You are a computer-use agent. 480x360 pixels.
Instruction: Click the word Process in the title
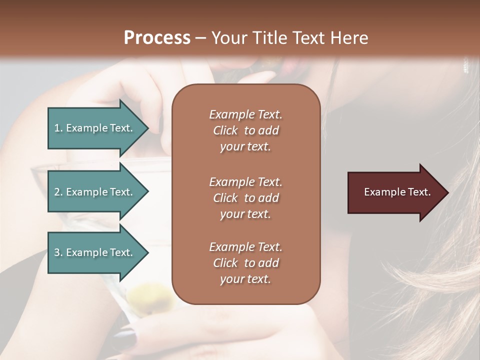[x=157, y=38]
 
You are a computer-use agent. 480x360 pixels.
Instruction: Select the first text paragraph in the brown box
[x=245, y=130]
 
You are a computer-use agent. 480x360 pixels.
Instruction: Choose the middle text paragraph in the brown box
[x=245, y=197]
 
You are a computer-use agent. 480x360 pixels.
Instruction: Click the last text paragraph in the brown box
[x=245, y=263]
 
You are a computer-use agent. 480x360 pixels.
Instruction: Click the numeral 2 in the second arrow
[x=57, y=192]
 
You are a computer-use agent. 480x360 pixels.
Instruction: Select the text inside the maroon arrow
[x=397, y=192]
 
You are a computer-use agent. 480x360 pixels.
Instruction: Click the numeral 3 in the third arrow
[x=57, y=252]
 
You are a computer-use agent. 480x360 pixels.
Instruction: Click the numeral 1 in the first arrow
[x=57, y=128]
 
